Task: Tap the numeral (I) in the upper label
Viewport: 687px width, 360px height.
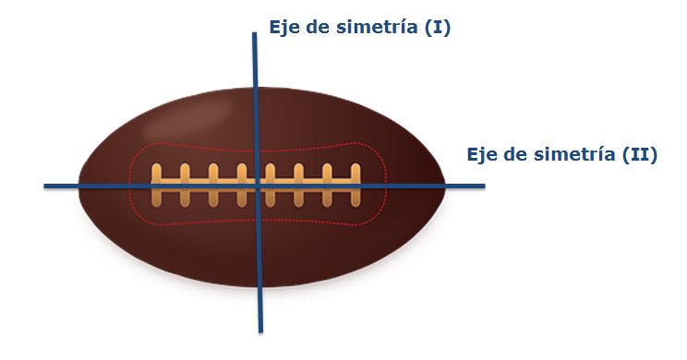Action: [x=435, y=28]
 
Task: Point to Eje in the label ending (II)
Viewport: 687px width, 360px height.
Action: [x=484, y=154]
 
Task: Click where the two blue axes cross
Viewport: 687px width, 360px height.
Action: [x=258, y=186]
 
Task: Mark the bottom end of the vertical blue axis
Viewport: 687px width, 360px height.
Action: [x=260, y=330]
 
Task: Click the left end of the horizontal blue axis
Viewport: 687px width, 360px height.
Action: [x=45, y=186]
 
